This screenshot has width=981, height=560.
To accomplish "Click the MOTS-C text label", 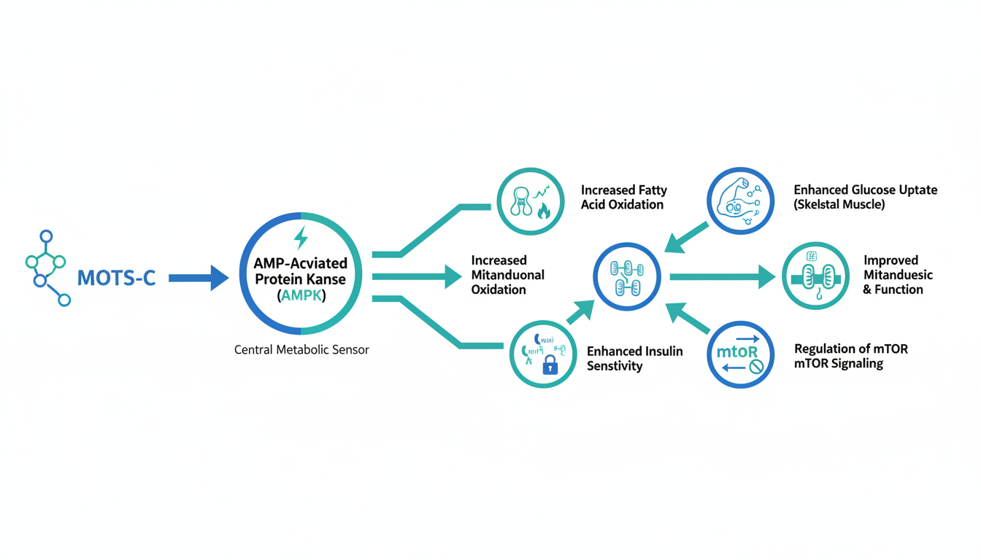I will pyautogui.click(x=116, y=278).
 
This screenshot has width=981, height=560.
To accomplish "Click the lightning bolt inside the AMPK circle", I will pyautogui.click(x=300, y=238).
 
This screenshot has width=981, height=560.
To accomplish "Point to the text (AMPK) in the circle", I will pyautogui.click(x=301, y=296).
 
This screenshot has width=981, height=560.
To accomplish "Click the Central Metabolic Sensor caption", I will pyautogui.click(x=301, y=350).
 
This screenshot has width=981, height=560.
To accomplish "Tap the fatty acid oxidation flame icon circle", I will pyautogui.click(x=531, y=201).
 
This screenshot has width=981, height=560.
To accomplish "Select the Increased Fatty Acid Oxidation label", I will pyautogui.click(x=623, y=198).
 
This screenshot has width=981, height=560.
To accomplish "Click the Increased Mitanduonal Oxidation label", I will pyautogui.click(x=507, y=275).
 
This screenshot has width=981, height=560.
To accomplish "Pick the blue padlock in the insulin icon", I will pyautogui.click(x=550, y=365).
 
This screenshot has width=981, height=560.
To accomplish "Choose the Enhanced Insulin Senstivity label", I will pyautogui.click(x=634, y=359).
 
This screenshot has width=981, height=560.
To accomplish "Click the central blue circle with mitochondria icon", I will pyautogui.click(x=626, y=277).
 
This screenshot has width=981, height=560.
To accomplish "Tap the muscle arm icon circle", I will pyautogui.click(x=740, y=201).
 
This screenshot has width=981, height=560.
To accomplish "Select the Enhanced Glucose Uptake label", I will pyautogui.click(x=865, y=197).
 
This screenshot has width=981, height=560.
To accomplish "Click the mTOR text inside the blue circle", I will pyautogui.click(x=736, y=353).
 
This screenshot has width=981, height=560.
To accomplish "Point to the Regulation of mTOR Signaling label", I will pyautogui.click(x=850, y=356).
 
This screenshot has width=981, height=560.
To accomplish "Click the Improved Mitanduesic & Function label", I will pyautogui.click(x=898, y=275).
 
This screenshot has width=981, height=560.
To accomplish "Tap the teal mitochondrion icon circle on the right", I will pyautogui.click(x=815, y=277).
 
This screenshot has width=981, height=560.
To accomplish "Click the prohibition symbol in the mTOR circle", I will pyautogui.click(x=755, y=367).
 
